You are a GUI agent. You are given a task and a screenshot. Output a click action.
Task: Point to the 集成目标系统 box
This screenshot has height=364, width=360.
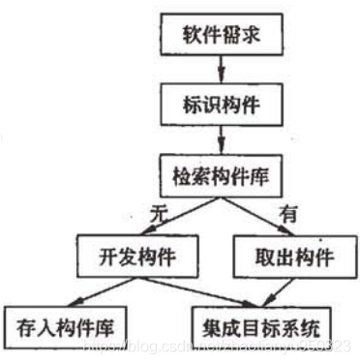(x=262, y=320)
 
